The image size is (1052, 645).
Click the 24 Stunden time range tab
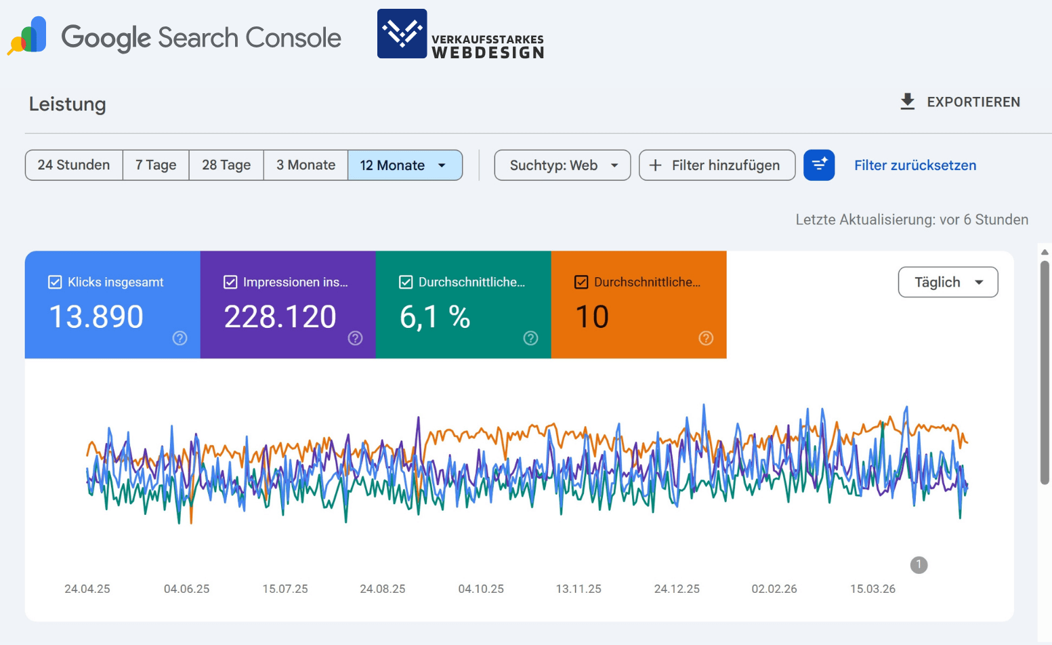pos(74,165)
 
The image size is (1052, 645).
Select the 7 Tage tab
pos(156,165)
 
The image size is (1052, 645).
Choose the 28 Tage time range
pos(226,165)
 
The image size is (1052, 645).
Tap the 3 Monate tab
pos(306,165)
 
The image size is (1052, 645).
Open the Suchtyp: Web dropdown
pos(562,165)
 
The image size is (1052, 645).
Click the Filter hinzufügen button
pos(717,165)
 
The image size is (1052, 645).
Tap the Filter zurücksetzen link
pos(914,165)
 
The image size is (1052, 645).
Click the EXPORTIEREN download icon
pos(907,102)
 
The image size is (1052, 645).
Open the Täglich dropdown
pos(948,282)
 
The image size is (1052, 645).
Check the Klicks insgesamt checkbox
pos(56,283)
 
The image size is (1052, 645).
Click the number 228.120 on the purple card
pos(280,316)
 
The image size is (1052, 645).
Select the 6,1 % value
pos(435,316)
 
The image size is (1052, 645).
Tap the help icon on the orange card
pos(706,338)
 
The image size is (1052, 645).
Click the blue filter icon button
pos(818,165)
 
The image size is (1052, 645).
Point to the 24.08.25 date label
pos(382,589)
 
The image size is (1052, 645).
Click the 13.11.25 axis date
pos(578,589)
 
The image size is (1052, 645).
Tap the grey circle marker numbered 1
pos(919,564)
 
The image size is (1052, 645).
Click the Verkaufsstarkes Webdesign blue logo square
pos(402,34)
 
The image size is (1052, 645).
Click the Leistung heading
pos(67,104)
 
